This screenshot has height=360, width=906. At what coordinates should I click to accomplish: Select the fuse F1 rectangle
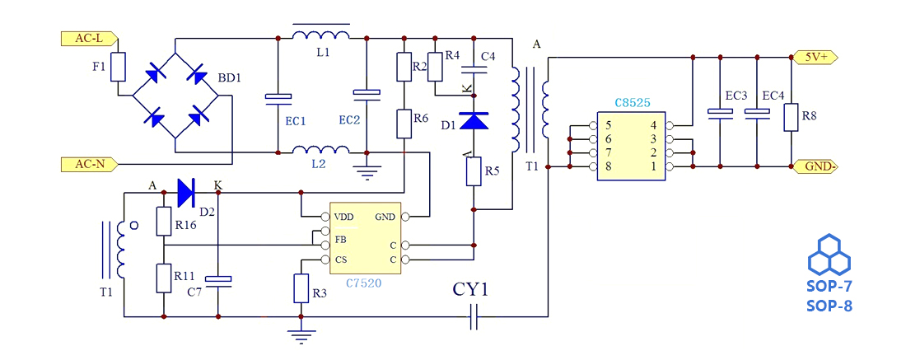point(119,67)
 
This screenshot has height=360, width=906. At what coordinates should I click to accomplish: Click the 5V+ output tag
point(816,57)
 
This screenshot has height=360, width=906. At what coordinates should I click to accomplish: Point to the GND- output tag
point(816,166)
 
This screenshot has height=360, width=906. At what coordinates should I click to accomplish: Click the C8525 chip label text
point(633,104)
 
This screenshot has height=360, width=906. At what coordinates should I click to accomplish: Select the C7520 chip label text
point(364,283)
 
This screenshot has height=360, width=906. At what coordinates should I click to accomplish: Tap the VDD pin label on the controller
point(344,217)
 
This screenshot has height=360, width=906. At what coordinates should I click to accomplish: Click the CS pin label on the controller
point(341,259)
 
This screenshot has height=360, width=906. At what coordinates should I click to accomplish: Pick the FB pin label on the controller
point(341,239)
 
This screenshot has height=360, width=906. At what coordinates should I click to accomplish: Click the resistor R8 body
point(791,117)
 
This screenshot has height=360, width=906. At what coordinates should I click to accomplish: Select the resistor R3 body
point(301,288)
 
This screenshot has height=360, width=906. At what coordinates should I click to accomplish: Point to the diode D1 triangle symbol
point(474,122)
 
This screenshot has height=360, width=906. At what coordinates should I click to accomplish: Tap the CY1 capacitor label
point(471,290)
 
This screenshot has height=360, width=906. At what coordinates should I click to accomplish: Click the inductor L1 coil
point(320,36)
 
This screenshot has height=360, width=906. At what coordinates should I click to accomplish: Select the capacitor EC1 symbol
point(278,98)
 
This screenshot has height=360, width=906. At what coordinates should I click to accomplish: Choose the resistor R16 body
point(163,222)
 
